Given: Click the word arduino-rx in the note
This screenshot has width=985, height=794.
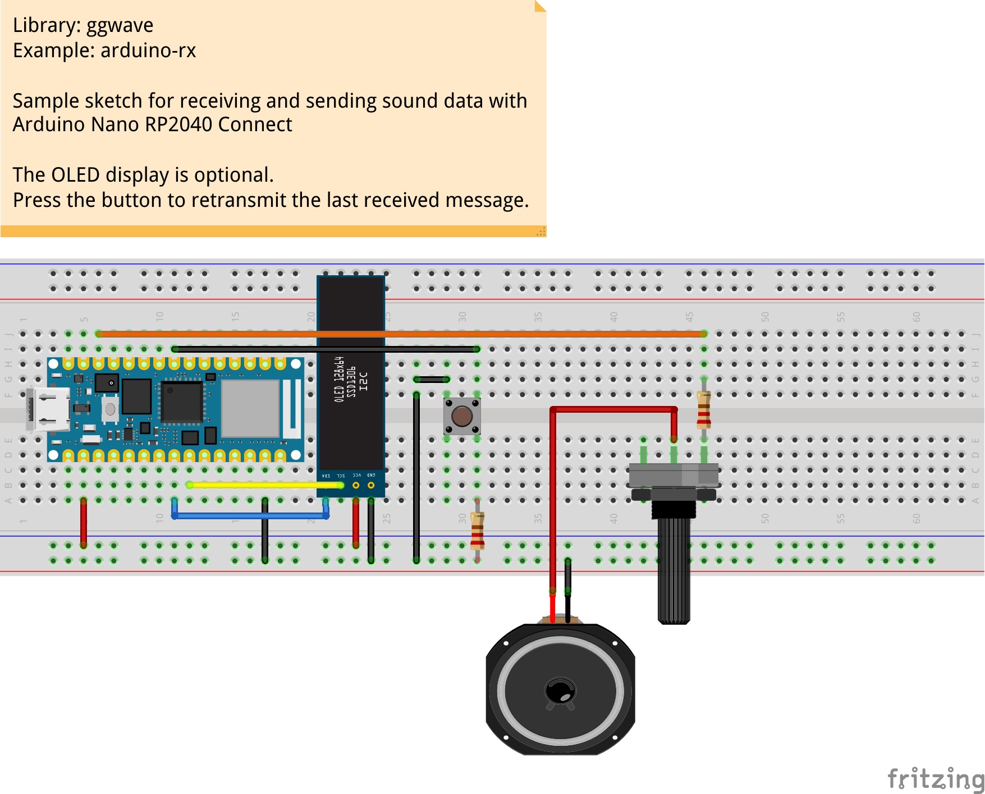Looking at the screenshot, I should pos(148,51).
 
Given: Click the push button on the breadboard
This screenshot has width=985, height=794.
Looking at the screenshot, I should pos(462,416).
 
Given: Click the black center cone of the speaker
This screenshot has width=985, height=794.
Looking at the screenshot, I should pos(560,690).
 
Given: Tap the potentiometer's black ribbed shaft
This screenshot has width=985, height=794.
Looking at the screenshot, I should pos(674,566).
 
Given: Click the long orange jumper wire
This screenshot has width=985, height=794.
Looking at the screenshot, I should pos(393,334).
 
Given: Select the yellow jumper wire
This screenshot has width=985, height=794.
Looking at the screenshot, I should pos(264,485).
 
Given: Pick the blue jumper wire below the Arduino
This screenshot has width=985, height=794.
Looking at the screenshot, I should pos(247,515).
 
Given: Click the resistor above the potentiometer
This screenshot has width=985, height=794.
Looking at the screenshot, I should pos(704,409).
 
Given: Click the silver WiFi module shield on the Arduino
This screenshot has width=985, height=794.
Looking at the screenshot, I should pos(250,408).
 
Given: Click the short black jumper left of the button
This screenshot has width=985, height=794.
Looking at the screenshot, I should pos(432,380).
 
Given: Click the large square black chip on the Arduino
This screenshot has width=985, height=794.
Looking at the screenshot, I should pos(181,401).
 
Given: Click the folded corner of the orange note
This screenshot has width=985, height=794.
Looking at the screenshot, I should pos(540,6).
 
